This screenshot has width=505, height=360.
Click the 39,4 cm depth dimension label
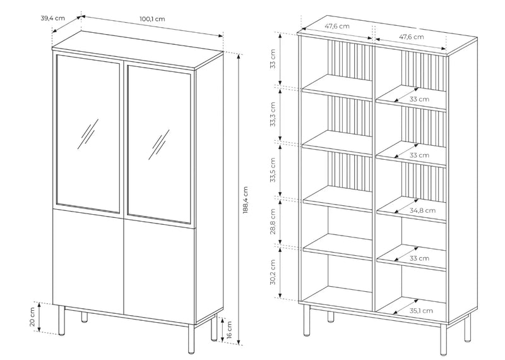(52, 18)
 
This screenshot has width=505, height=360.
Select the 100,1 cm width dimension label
(152, 19)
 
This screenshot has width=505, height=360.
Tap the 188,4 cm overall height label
(246, 200)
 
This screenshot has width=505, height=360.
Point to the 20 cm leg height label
(32, 317)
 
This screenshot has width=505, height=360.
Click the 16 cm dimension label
(229, 330)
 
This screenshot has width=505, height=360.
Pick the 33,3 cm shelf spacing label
(273, 114)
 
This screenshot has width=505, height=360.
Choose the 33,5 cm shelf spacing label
(273, 170)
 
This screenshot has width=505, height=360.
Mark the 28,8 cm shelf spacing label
(273, 222)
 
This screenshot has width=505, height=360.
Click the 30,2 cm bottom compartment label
(273, 272)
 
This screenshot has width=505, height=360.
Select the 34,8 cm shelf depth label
(422, 210)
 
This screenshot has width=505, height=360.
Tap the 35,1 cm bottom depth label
(421, 311)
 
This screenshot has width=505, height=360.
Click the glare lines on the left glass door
(88, 134)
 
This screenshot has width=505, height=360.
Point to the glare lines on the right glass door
(159, 145)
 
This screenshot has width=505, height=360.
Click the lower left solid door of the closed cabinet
(88, 261)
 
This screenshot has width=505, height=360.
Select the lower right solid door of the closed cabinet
(160, 272)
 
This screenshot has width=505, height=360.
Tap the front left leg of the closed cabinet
(62, 320)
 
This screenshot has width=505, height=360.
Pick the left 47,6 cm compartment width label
(337, 26)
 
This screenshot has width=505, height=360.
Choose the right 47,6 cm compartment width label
(412, 37)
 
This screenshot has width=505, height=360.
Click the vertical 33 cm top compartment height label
(273, 59)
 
